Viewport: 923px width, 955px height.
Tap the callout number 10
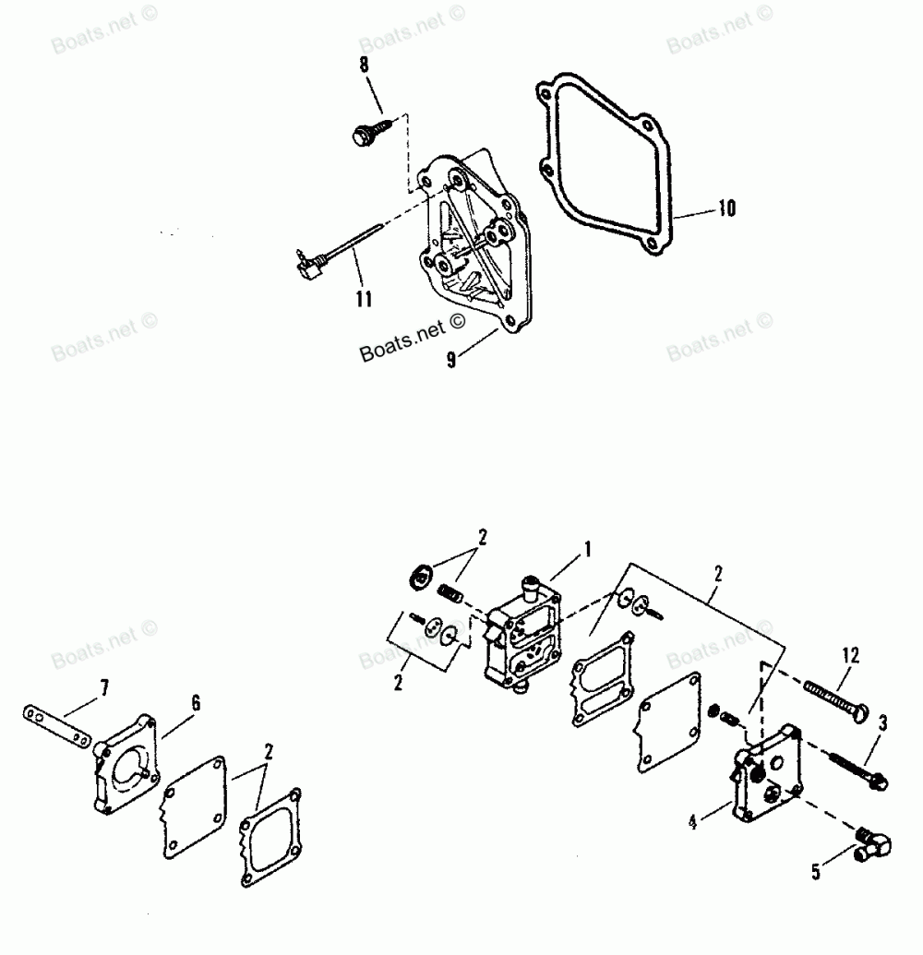click(726, 209)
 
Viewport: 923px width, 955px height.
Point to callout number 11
click(364, 297)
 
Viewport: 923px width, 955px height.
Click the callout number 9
click(451, 362)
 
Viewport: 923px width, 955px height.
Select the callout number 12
click(850, 656)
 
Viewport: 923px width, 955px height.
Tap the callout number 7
click(104, 686)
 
